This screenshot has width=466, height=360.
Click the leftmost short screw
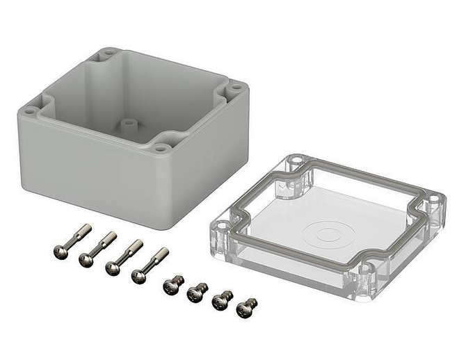[171, 286]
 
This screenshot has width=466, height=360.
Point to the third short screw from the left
[222, 300]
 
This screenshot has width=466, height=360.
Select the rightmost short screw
[246, 306]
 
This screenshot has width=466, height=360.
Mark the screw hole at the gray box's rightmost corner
[235, 88]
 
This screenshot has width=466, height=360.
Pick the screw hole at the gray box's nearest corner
[161, 147]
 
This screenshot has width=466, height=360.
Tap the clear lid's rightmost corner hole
[433, 199]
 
